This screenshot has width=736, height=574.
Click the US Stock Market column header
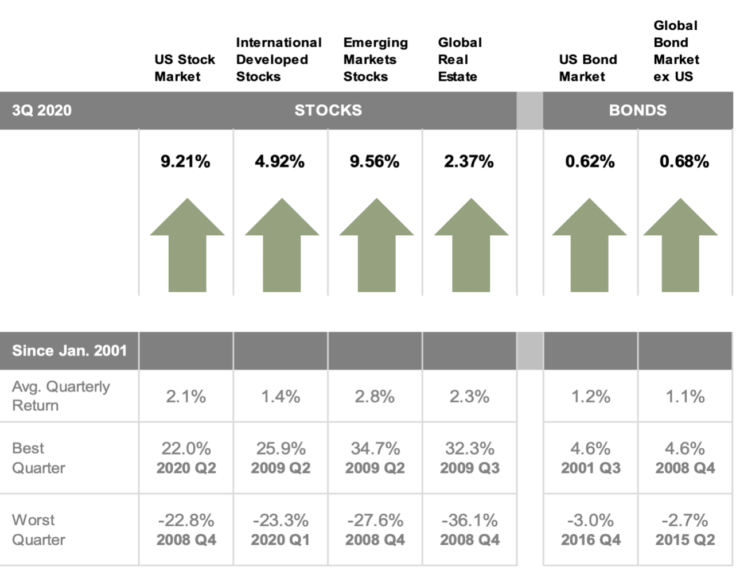tap(184, 68)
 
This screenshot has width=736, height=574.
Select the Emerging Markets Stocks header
tap(375, 60)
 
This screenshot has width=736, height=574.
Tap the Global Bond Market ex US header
tap(676, 51)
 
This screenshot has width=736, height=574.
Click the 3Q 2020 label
tap(42, 110)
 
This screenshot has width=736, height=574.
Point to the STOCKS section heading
tap(328, 110)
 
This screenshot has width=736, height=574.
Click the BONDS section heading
tap(637, 110)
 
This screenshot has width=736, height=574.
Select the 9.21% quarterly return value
tap(185, 161)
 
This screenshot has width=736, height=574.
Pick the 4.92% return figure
tap(279, 161)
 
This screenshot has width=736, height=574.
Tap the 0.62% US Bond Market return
tap(590, 161)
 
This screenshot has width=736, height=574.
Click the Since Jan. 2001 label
tap(69, 351)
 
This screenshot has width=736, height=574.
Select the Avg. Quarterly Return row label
tap(60, 396)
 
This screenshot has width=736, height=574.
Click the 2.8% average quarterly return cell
tap(375, 397)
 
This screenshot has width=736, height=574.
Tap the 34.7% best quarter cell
tap(375, 448)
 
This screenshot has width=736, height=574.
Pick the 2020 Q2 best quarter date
tap(186, 468)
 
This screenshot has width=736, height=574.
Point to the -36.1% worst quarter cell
tap(469, 520)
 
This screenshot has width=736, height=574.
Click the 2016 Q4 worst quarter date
tap(590, 540)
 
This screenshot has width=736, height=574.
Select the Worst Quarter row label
tap(38, 530)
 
